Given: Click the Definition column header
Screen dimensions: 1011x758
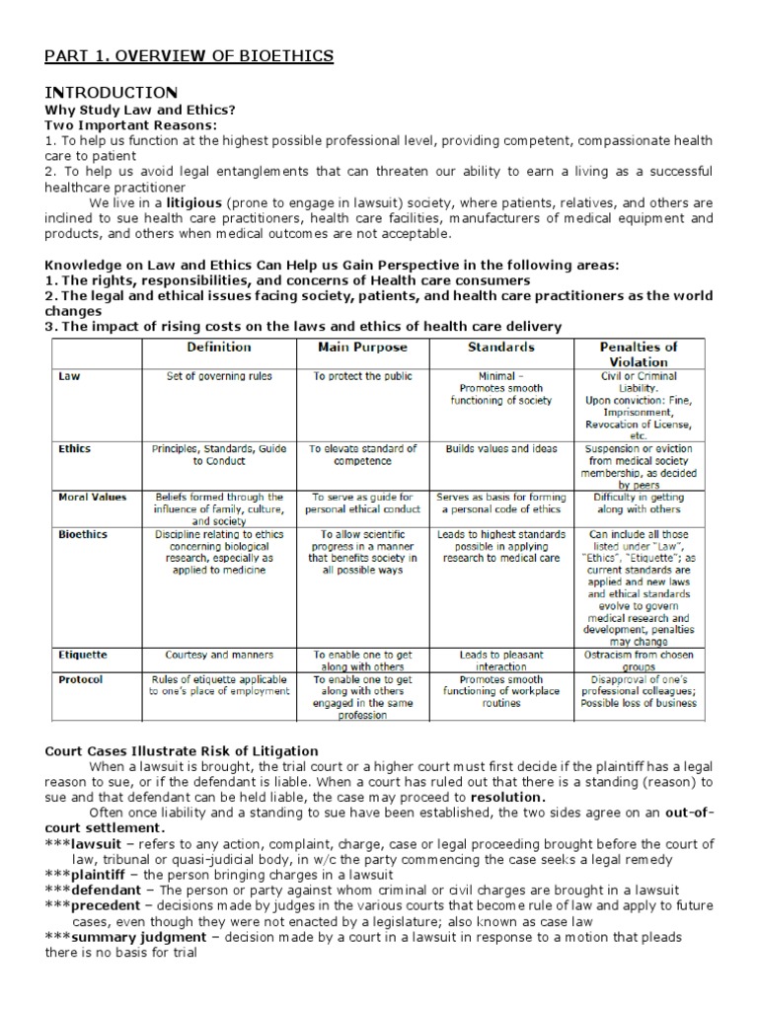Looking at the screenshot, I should pyautogui.click(x=219, y=348).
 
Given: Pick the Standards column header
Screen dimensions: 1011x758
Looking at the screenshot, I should pyautogui.click(x=502, y=348).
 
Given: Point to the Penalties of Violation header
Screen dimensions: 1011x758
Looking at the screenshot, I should pyautogui.click(x=638, y=354).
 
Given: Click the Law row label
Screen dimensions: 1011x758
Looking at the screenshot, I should pyautogui.click(x=69, y=376).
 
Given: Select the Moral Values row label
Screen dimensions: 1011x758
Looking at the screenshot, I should pyautogui.click(x=93, y=498).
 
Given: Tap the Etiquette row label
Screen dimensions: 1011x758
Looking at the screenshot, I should pyautogui.click(x=83, y=655).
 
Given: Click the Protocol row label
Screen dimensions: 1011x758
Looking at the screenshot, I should pyautogui.click(x=80, y=679).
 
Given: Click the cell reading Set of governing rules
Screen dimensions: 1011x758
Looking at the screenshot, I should pyautogui.click(x=219, y=376).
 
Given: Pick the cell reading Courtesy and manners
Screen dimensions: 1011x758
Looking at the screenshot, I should pyautogui.click(x=219, y=655).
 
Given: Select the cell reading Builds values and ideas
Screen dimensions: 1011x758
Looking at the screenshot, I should pyautogui.click(x=502, y=448).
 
